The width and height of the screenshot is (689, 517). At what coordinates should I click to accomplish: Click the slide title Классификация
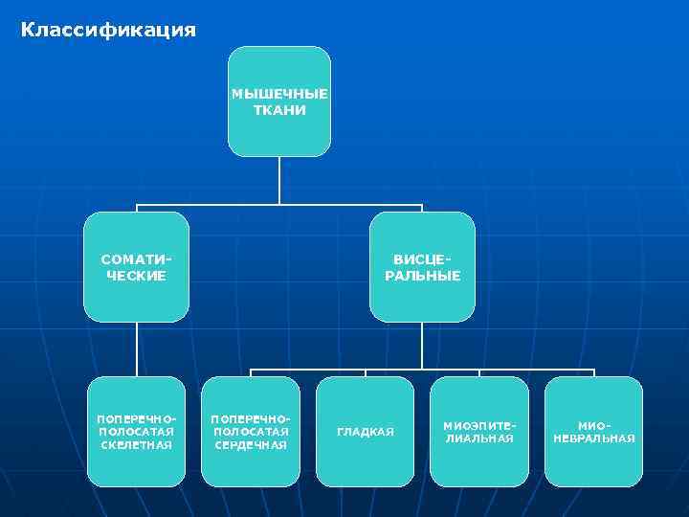(x=108, y=31)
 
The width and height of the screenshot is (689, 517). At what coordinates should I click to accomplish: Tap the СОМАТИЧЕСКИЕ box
(x=136, y=266)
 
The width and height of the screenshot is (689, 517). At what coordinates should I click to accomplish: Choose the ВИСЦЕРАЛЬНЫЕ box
(x=422, y=266)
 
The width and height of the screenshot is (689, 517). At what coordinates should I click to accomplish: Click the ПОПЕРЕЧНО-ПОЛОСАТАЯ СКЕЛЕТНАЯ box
(x=136, y=431)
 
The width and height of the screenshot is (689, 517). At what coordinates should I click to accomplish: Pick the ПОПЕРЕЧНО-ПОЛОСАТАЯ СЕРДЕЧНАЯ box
(x=251, y=431)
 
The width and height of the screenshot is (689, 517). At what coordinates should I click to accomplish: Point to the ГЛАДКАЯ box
(x=366, y=431)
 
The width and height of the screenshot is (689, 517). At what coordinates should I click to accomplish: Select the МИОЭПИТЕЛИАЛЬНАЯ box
(x=479, y=431)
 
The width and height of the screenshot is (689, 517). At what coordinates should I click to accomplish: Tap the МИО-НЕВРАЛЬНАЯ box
(x=593, y=431)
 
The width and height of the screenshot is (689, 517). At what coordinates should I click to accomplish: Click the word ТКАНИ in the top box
(x=279, y=110)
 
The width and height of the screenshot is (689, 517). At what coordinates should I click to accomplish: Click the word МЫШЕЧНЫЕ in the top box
(x=279, y=94)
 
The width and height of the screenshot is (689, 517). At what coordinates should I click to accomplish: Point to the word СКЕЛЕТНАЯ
(x=136, y=445)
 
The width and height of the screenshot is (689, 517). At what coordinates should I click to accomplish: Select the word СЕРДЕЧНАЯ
(x=251, y=445)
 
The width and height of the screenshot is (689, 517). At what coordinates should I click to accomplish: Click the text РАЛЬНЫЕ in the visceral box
(x=422, y=276)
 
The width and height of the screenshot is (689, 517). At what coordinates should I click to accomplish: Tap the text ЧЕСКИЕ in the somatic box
(x=136, y=276)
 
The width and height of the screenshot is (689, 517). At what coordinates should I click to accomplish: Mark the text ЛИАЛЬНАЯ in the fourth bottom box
(x=479, y=438)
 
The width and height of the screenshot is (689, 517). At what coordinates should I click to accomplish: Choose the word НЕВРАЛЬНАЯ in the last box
(x=593, y=438)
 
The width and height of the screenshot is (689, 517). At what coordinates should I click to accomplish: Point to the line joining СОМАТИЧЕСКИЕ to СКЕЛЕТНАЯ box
(x=136, y=348)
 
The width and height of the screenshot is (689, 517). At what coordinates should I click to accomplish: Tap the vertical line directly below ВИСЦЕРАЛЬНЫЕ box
(x=422, y=346)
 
